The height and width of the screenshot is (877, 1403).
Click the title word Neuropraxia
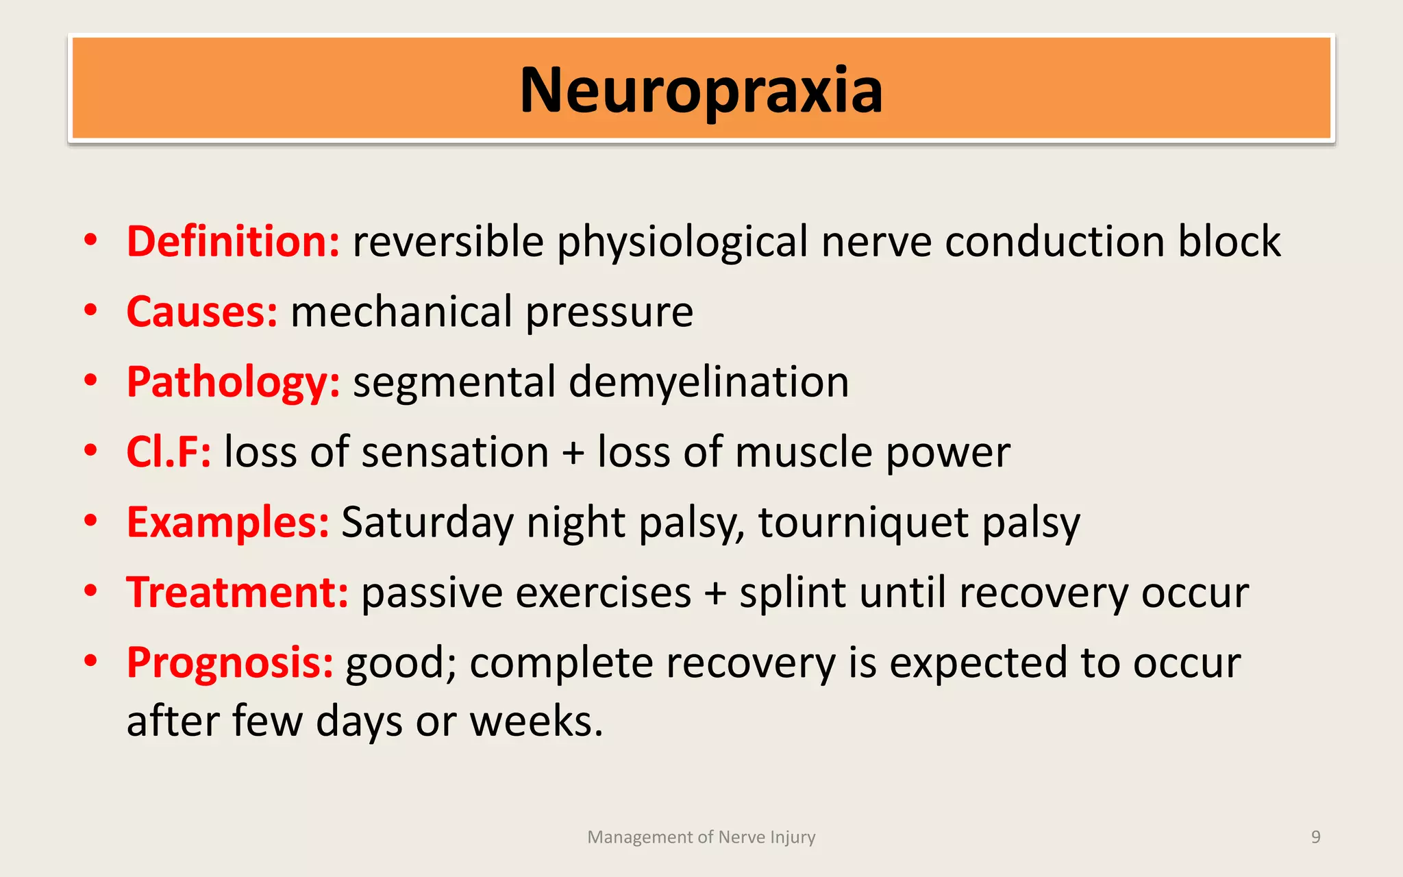(701, 90)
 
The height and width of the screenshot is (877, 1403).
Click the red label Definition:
(233, 242)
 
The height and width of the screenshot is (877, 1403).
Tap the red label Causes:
(202, 312)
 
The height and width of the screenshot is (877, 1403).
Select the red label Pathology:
(233, 382)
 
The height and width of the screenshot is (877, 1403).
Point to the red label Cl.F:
(169, 452)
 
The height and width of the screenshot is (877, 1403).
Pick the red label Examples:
(227, 523)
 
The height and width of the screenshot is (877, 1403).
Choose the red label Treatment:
(238, 593)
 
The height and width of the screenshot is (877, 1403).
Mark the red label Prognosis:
(230, 663)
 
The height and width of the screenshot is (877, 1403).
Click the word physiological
(682, 243)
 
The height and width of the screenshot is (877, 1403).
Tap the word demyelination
(708, 382)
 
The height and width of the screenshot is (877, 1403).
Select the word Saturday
(427, 523)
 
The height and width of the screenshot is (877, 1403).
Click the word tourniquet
(863, 523)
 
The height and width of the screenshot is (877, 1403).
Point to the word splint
(792, 593)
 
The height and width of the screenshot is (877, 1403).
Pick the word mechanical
(401, 312)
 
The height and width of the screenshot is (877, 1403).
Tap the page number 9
(1315, 837)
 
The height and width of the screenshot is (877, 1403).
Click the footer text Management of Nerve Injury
(701, 837)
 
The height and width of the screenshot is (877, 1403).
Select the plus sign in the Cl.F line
(573, 454)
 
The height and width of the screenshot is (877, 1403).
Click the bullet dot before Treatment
(90, 591)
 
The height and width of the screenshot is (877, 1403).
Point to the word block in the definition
(1229, 242)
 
